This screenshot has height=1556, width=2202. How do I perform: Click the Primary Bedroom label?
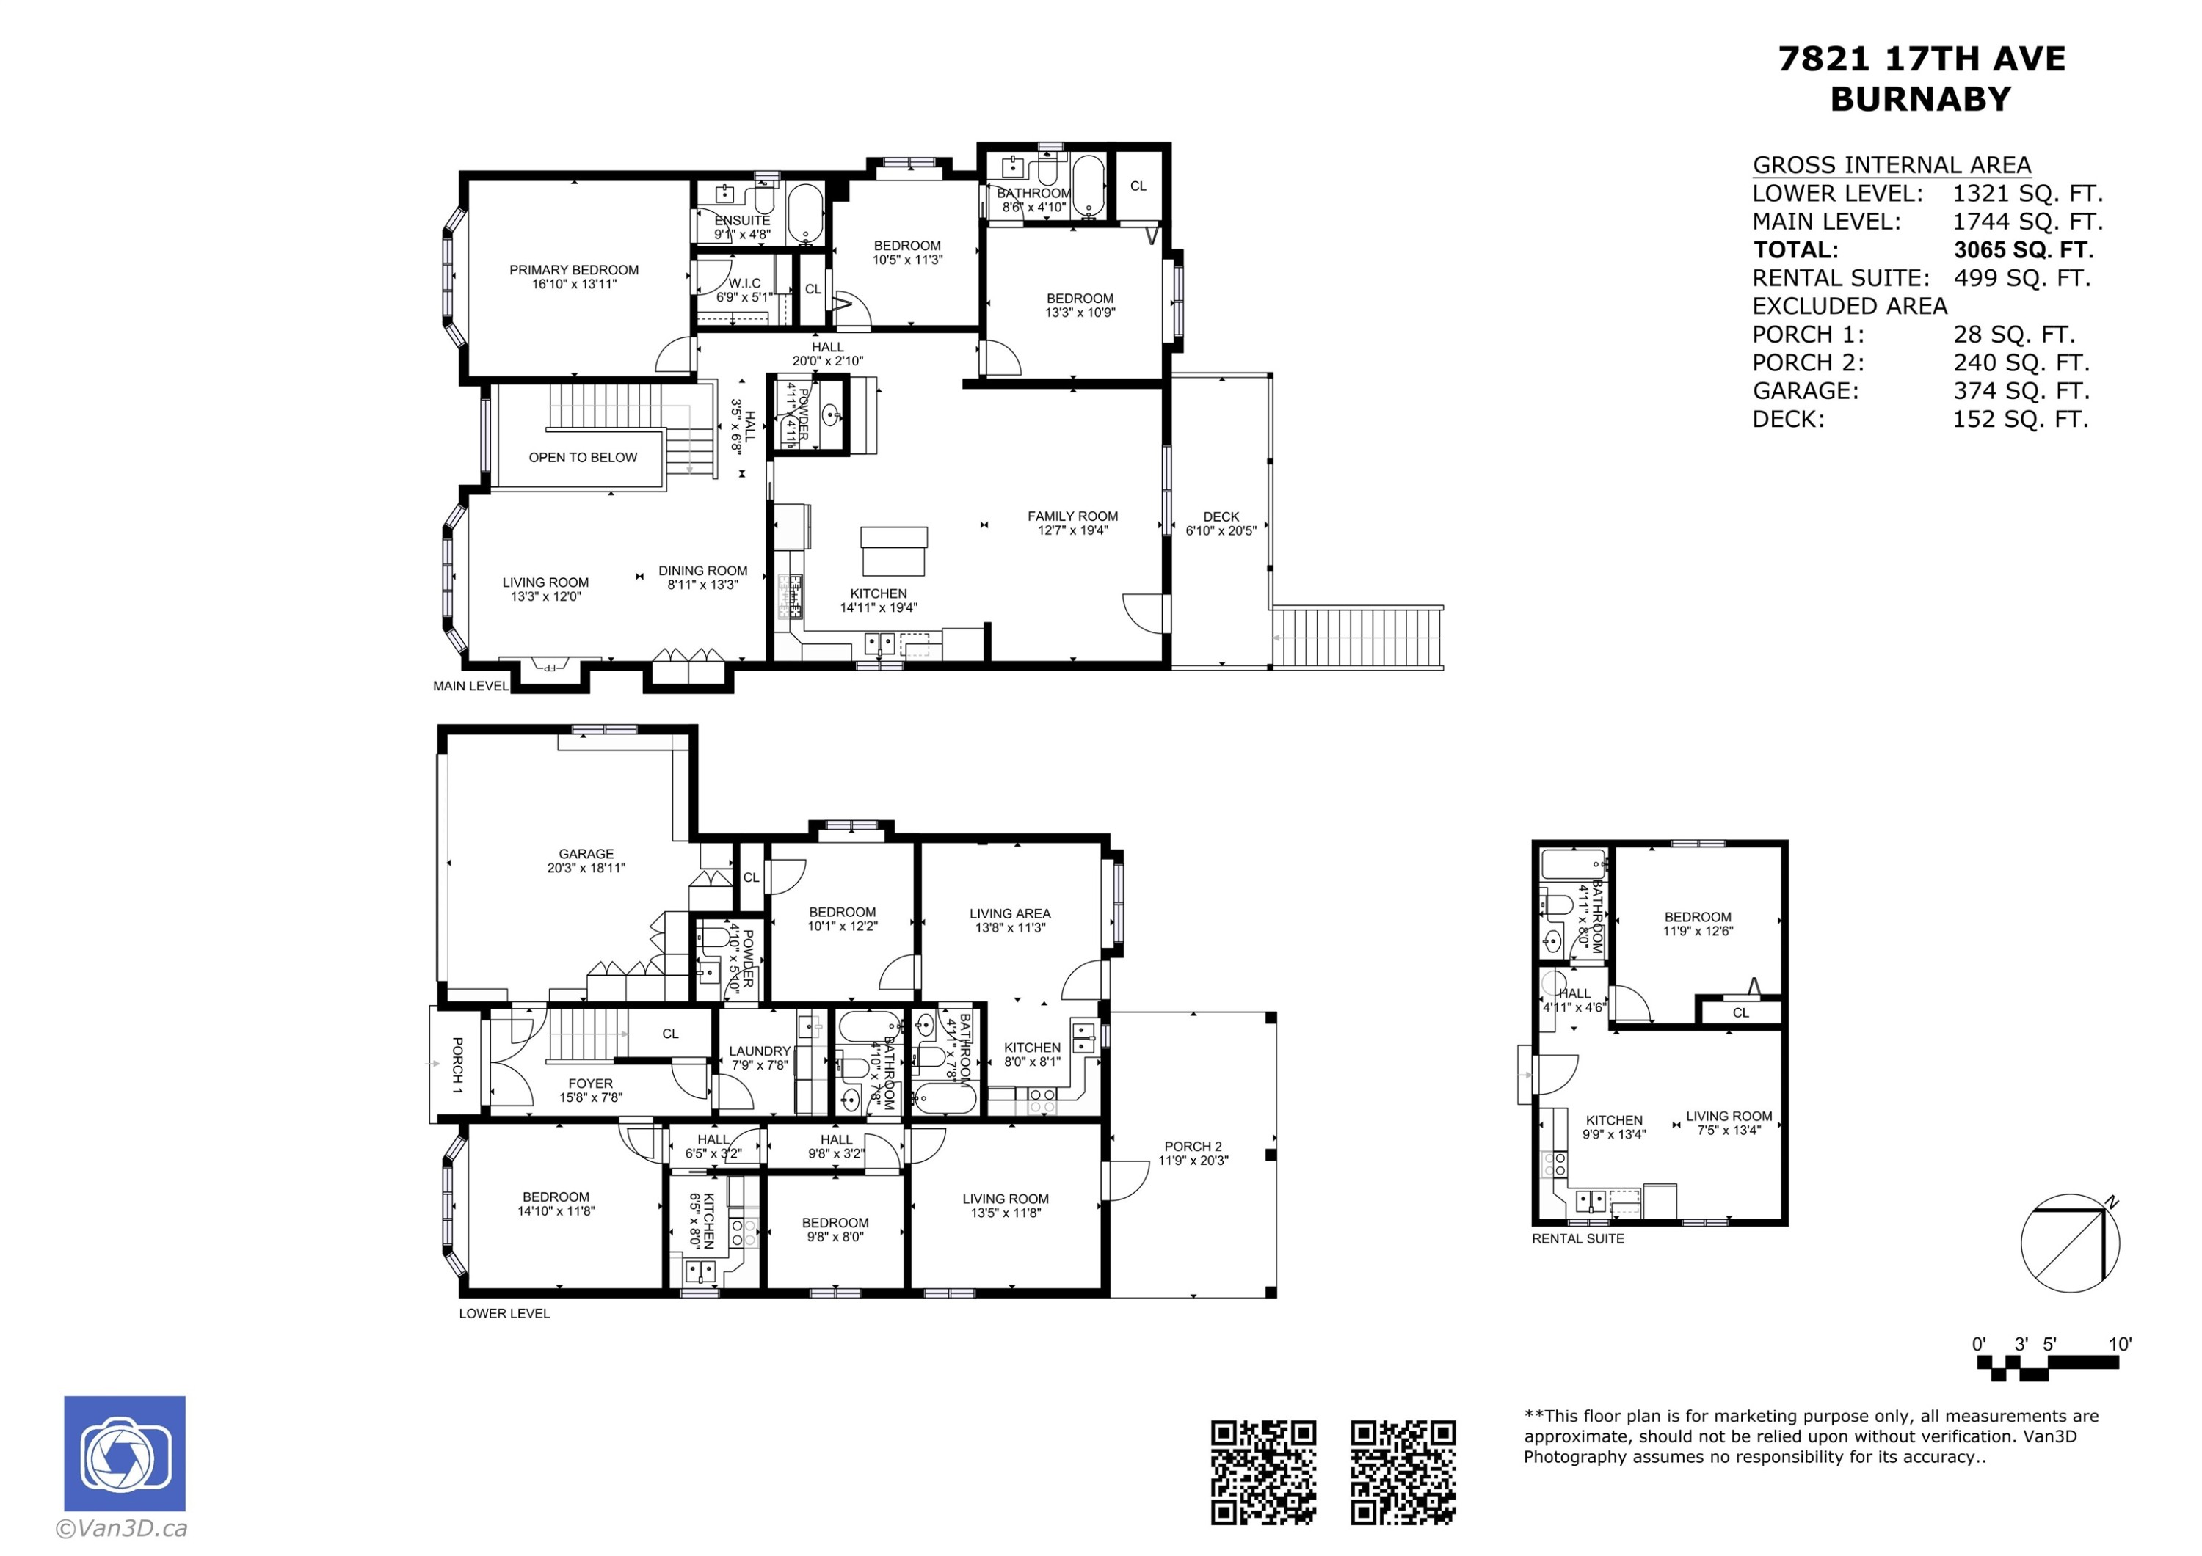573,271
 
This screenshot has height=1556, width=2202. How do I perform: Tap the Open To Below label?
582,457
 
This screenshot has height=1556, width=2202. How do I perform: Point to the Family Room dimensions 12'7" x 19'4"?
1072,530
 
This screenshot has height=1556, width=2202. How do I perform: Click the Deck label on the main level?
1220,516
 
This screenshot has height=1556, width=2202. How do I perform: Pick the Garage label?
586,854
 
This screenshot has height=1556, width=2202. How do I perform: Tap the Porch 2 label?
1192,1147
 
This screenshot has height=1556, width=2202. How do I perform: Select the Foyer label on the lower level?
590,1084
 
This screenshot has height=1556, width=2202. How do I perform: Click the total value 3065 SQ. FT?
2024,250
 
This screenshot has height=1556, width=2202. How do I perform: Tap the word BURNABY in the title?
1920,100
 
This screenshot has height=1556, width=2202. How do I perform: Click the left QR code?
1262,1472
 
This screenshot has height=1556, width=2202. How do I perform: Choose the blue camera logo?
125,1453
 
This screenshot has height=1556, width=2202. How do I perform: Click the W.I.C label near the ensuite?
744,284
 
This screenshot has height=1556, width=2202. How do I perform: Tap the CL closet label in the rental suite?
1741,1012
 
